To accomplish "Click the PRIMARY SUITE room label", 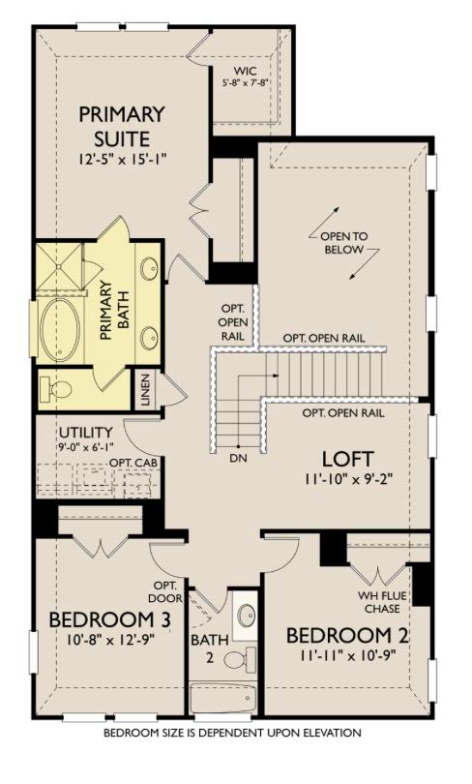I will pyautogui.click(x=123, y=126).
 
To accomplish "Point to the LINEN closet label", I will pyautogui.click(x=145, y=389).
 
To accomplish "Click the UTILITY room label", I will pyautogui.click(x=85, y=432).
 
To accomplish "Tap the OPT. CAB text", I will pyautogui.click(x=133, y=464).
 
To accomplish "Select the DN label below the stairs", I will pyautogui.click(x=235, y=457).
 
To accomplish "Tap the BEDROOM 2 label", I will pyautogui.click(x=348, y=637).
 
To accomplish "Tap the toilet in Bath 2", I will pyautogui.click(x=235, y=659).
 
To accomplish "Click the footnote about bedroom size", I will pyautogui.click(x=232, y=733).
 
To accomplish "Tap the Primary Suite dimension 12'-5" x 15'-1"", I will pyautogui.click(x=122, y=159).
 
